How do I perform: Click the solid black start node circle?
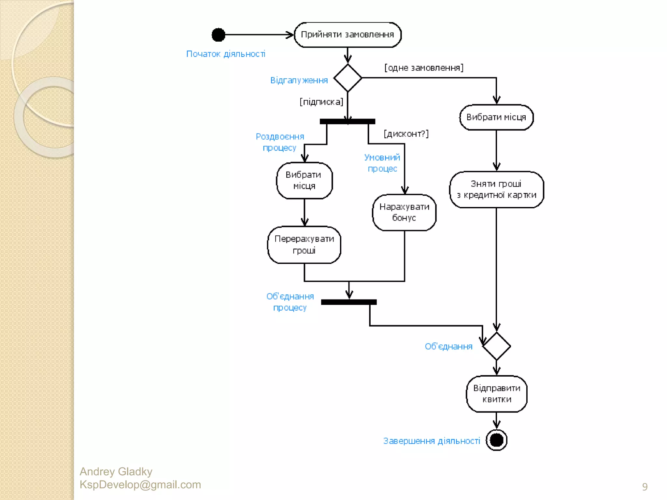[x=218, y=35]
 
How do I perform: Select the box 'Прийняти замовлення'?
[x=348, y=35]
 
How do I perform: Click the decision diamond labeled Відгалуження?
[x=348, y=78]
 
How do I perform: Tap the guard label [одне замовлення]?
[x=424, y=68]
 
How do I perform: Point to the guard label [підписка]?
[x=321, y=102]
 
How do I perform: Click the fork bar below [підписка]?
[x=348, y=121]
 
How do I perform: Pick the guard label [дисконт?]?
[x=406, y=134]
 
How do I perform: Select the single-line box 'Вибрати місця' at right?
[x=496, y=117]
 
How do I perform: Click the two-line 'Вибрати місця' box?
[x=304, y=180]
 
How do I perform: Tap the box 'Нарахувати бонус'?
[x=404, y=212]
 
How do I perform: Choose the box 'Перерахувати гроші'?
[x=304, y=244]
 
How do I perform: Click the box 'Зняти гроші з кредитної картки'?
[x=496, y=189]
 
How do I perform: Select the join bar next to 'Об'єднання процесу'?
[x=349, y=302]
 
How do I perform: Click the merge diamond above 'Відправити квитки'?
[x=496, y=346]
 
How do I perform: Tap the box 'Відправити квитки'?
[x=496, y=394]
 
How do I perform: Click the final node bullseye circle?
[x=496, y=440]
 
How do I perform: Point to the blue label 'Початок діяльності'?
[x=226, y=54]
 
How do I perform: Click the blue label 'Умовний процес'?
[x=382, y=163]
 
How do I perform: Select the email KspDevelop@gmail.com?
[x=140, y=485]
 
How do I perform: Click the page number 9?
[x=645, y=487]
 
